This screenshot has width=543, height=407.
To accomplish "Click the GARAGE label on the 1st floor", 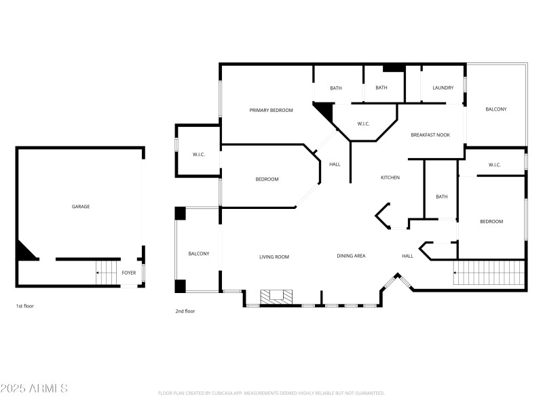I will pos(81,206).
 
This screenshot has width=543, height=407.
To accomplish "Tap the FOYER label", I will pos(128,273).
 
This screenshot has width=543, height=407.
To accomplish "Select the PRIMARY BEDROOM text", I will pos(271,110).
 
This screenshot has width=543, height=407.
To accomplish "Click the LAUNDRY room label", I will pos(443,88).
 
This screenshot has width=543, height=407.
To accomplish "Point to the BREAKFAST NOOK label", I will pos(430,135).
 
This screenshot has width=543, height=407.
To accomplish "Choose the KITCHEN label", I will pos(390,178).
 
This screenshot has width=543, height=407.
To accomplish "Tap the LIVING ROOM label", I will pos(274,256).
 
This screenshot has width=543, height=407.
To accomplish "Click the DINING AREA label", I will pos(351,256).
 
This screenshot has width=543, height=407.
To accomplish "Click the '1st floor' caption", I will pos(24,306).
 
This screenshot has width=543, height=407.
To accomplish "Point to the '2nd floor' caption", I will pos(185,311).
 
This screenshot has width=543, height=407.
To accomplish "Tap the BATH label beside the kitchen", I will pos(441,197).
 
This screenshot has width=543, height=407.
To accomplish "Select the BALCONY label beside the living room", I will pos(198,254).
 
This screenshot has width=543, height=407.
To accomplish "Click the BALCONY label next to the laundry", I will pos(495,109).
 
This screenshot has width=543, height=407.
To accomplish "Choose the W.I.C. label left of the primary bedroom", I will pos(198,155).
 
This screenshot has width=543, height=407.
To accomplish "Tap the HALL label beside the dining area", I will pos(407,256).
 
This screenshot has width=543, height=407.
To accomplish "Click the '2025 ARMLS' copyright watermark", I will pos(34,389).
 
